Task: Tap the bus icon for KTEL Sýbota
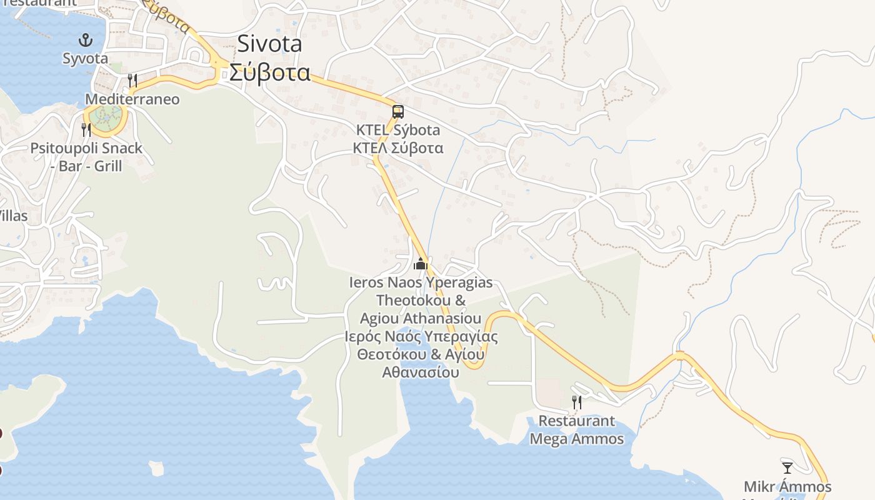(x=397, y=112)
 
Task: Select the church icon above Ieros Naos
(x=421, y=264)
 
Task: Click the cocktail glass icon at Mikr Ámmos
(x=787, y=467)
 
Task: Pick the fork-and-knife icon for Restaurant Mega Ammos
(x=577, y=402)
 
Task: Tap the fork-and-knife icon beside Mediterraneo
(x=132, y=81)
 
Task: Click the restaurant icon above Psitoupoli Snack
(x=86, y=130)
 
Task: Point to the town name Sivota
(x=269, y=44)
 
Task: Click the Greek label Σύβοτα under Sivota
(x=269, y=72)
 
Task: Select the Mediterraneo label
(x=132, y=99)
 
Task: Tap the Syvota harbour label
(x=85, y=59)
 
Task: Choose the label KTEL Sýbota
(x=397, y=131)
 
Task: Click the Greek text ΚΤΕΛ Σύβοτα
(x=397, y=148)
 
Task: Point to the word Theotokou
(x=421, y=300)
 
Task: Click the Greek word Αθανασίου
(x=421, y=372)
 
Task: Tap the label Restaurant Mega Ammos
(x=576, y=430)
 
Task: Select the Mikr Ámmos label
(x=787, y=487)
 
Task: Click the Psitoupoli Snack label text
(x=86, y=149)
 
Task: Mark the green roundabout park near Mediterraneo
(x=105, y=115)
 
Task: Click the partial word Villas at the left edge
(x=12, y=216)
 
